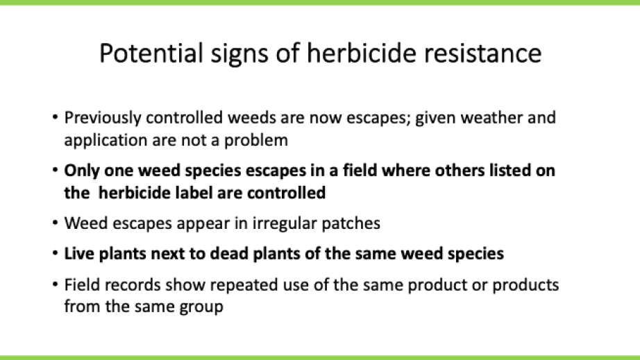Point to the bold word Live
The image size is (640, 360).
79,254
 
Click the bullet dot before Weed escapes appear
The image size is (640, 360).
54,223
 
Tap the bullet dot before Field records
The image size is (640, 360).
54,285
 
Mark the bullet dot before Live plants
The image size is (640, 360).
54,254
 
